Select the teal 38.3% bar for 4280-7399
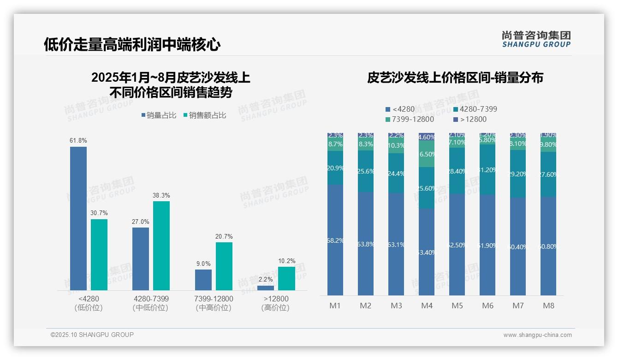[x=161, y=246]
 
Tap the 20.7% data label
[x=224, y=237]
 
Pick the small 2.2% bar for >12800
[x=266, y=288]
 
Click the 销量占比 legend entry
[x=159, y=115]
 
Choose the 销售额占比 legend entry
[x=205, y=115]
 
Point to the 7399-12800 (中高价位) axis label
[x=214, y=303]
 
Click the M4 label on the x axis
[x=427, y=306]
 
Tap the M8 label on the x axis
[x=548, y=306]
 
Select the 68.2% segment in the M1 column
[x=335, y=240]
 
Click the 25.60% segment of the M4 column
[x=427, y=188]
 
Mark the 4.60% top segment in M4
[x=427, y=137]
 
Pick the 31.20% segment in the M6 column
[x=487, y=169]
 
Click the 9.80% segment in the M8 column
[x=548, y=144]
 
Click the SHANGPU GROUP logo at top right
[x=536, y=39]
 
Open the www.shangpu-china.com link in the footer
[x=537, y=335]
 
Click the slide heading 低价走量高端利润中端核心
[x=132, y=44]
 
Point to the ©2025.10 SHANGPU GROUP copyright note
[x=92, y=335]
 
